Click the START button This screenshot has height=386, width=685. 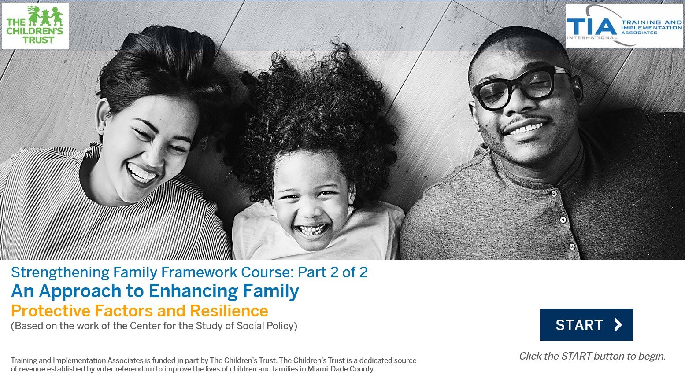(x=586, y=324)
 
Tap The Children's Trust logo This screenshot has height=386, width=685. (x=35, y=26)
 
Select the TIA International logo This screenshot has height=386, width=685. (x=624, y=26)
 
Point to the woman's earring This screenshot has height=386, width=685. (x=101, y=129)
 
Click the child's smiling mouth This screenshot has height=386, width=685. (x=312, y=230)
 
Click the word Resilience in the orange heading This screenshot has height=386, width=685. (x=229, y=311)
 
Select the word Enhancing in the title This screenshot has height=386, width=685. (x=193, y=291)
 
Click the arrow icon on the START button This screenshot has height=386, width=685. (x=618, y=324)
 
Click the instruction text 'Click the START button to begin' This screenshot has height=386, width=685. (x=592, y=356)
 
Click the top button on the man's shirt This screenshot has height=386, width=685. (x=553, y=194)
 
